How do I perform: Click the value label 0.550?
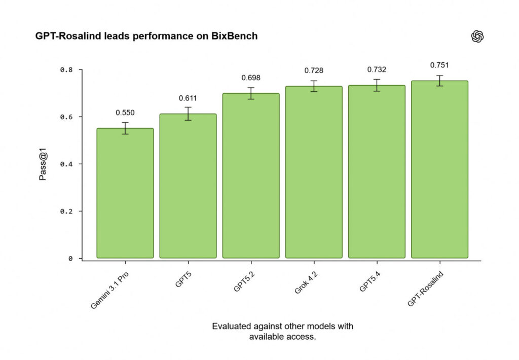(x=125, y=113)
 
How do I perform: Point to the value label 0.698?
(x=251, y=78)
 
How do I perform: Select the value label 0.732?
(x=377, y=69)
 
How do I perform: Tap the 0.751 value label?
(x=439, y=65)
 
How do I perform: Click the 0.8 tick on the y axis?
(x=66, y=70)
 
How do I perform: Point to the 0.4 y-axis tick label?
(x=66, y=164)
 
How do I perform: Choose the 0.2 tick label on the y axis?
(x=66, y=211)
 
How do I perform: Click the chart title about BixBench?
(x=146, y=37)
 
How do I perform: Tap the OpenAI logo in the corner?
(x=477, y=37)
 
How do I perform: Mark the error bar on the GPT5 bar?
(x=188, y=114)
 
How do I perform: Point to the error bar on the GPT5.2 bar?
(x=251, y=93)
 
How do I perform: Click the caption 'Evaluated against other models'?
(x=282, y=332)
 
